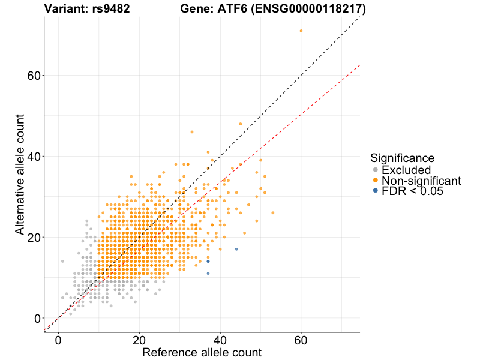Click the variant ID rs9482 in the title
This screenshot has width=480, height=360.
109,9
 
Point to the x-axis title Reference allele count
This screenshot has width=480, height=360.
202,352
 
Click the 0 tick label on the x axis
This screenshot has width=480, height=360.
59,340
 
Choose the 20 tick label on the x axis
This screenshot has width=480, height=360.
140,340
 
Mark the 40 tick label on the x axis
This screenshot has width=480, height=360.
220,340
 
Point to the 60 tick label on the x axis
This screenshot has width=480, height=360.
301,340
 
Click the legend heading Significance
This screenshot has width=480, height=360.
402,158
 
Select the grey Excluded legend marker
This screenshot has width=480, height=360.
376,170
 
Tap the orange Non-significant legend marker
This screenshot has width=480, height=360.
376,180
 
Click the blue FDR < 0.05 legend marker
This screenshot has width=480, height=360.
376,190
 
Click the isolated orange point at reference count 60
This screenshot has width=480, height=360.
301,31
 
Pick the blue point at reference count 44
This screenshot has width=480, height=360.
236,249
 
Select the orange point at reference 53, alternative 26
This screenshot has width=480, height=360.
272,213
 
